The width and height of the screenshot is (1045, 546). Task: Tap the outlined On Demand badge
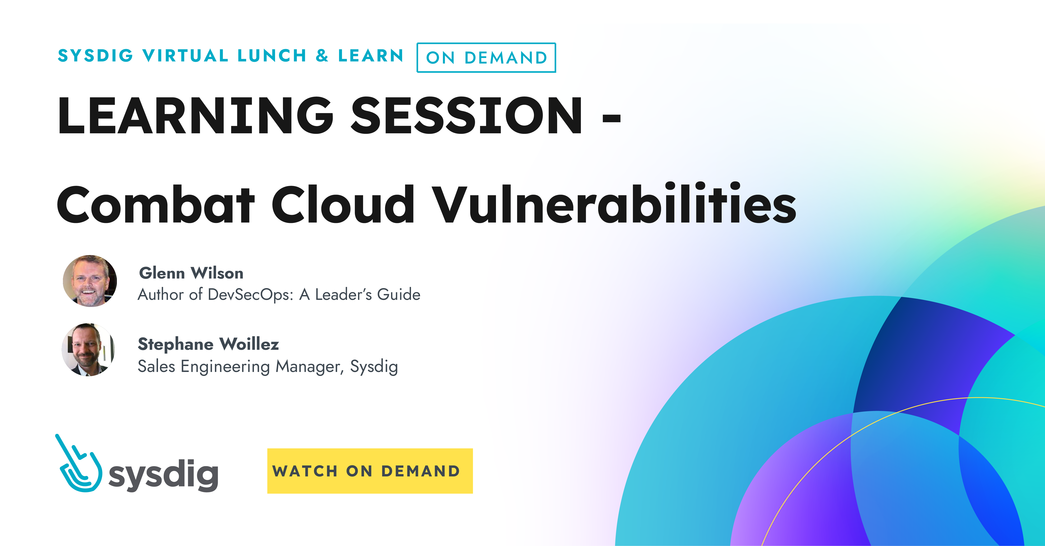486,58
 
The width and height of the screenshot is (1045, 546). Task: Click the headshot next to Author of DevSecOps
90,281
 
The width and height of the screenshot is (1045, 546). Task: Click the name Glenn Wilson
191,273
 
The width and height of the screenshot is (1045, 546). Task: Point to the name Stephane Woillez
208,344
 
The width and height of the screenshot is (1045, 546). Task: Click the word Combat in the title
155,205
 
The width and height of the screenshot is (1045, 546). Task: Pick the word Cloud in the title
343,205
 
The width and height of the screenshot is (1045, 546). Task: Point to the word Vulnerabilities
613,205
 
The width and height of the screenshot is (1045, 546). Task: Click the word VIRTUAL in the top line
185,56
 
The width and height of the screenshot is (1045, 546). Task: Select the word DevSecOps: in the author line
250,294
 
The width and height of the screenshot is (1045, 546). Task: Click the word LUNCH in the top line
272,56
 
